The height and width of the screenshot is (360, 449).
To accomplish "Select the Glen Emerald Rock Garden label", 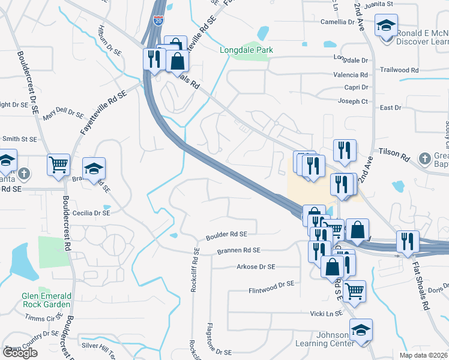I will pos(46,300).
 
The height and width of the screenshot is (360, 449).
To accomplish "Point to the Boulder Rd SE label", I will pos(226,234).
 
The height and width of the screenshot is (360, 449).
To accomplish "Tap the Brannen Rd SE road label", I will pos(239,250).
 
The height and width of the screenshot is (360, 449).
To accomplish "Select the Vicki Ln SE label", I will pos(326,313).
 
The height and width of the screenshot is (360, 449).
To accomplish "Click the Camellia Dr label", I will pos(337,22).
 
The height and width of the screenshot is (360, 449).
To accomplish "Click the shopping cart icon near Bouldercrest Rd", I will pos(58,163).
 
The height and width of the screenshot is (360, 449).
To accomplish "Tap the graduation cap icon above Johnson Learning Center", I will pos(361,330).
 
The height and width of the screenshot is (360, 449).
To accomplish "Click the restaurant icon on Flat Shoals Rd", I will pos(408,241).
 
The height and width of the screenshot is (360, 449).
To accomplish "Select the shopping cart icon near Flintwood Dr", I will pos(355,290).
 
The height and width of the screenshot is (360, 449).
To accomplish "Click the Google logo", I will pos(20,353).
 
